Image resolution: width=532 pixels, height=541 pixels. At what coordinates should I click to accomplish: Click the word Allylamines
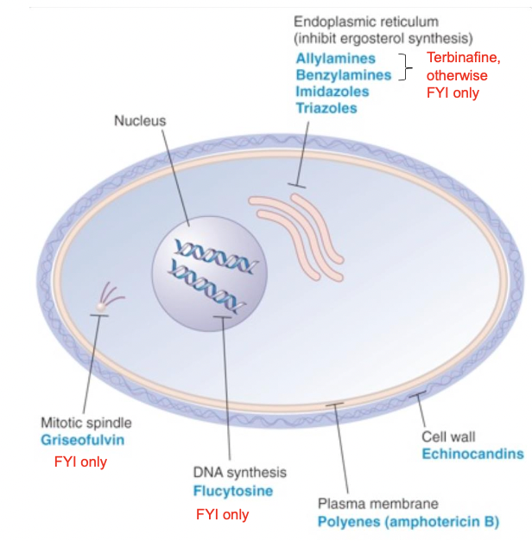click(335, 59)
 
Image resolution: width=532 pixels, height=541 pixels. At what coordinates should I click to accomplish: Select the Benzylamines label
click(343, 75)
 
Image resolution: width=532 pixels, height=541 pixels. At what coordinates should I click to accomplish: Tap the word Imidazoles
click(332, 92)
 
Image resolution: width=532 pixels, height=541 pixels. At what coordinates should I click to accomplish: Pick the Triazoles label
click(326, 108)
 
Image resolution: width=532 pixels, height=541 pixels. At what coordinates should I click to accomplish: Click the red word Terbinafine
click(464, 59)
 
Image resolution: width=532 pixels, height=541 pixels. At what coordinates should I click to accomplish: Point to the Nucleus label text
click(140, 121)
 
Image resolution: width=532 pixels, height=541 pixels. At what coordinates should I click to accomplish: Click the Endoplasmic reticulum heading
click(365, 21)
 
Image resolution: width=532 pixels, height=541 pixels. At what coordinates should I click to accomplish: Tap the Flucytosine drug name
click(232, 490)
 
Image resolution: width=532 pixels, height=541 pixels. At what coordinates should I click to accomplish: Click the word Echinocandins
click(472, 453)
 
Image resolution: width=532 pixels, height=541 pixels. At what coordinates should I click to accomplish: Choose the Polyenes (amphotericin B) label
click(408, 521)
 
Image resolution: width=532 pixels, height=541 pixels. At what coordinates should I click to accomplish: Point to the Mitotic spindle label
click(86, 423)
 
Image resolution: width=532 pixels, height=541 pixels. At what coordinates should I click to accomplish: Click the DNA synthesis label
click(239, 473)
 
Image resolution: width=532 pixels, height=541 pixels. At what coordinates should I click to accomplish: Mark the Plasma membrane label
click(377, 503)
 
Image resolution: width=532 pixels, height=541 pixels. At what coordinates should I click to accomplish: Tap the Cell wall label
click(448, 436)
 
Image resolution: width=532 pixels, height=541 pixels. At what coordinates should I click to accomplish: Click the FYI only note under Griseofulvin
click(80, 461)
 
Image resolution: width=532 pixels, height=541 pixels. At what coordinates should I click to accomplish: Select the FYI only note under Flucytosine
click(222, 514)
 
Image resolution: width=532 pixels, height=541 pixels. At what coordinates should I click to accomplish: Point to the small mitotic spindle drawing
click(108, 298)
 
